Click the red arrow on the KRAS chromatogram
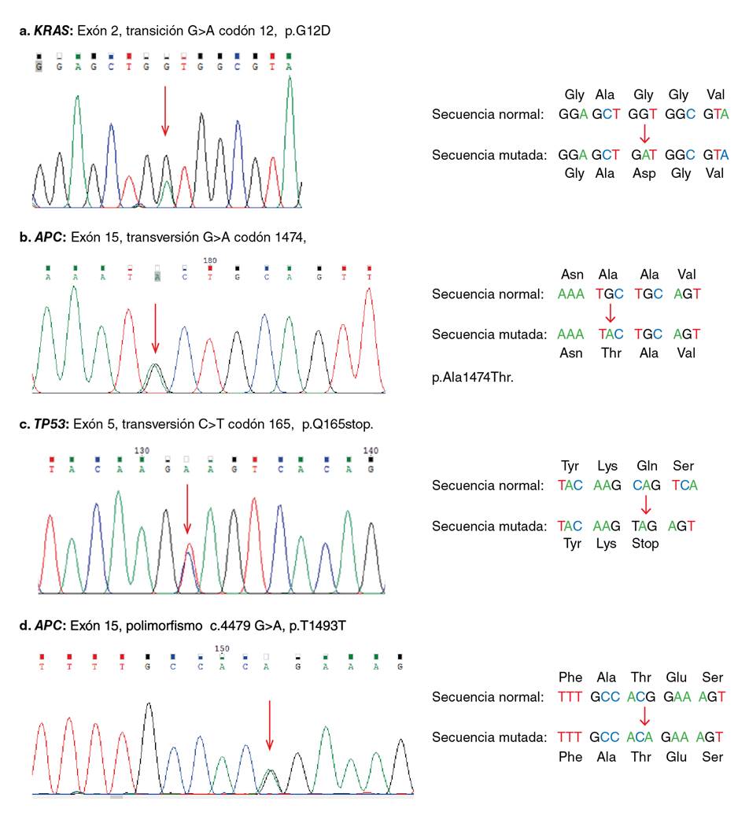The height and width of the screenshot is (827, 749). pos(164,110)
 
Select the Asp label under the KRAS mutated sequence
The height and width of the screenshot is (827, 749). pos(644,174)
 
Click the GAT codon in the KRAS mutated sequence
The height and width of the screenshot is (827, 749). pos(644,155)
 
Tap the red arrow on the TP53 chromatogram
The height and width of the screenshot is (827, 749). pos(187,508)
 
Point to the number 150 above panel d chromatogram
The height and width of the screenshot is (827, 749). pos(223,648)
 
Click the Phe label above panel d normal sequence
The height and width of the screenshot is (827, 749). pos(570,677)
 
